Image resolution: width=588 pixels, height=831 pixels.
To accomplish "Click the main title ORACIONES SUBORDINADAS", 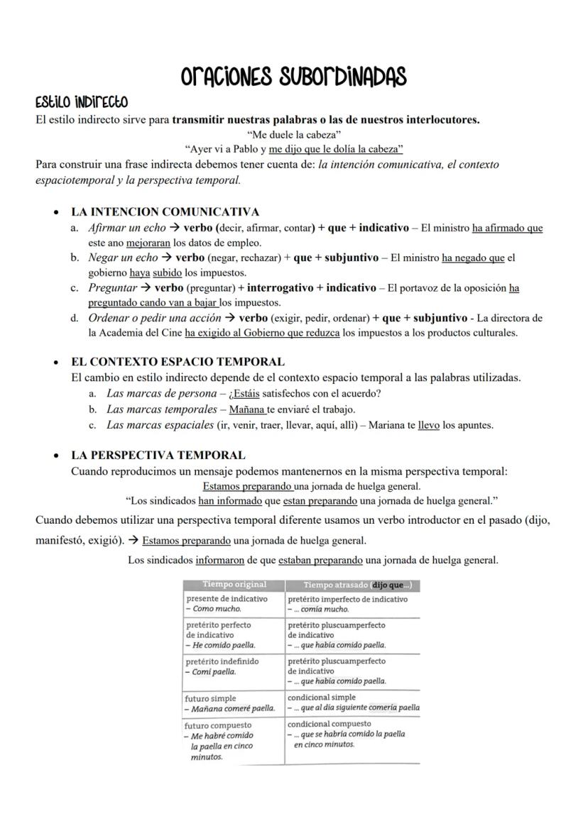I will pos(293,76).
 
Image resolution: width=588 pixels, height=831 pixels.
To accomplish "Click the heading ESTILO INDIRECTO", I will pos(82,103).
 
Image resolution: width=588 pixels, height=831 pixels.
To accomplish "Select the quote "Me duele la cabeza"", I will pos(294,134).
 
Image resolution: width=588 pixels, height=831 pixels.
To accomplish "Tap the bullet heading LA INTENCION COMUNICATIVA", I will pos(165,211).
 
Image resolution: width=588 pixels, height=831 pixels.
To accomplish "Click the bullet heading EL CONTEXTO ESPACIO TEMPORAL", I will pos(178,361).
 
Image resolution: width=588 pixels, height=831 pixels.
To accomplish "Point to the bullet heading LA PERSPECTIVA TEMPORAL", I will pos(158,455).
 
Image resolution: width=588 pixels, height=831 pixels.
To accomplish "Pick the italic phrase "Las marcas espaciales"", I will pos(160,425).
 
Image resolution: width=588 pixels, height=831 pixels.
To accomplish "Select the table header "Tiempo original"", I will pos(234,585).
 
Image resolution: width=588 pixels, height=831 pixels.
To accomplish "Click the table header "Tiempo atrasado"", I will pos(335,585).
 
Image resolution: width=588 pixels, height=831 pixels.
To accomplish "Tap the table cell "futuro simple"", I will pos(210,698).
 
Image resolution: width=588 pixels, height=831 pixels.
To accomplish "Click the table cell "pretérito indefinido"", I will pos(222,661).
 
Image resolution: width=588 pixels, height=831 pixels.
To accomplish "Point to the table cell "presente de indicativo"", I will pos(227,599).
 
